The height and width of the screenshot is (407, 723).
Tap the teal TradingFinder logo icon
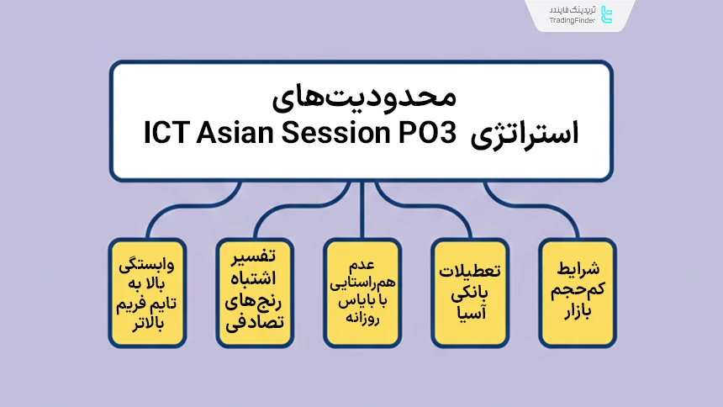[x=609, y=14]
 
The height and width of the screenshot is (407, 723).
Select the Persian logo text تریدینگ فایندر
[x=573, y=8]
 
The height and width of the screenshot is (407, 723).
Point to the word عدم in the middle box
[x=362, y=253]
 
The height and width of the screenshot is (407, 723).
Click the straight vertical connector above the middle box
[x=362, y=210]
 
